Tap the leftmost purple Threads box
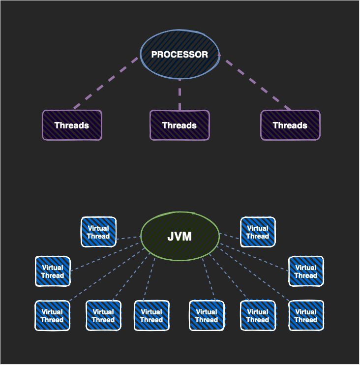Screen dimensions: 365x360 pos(72,125)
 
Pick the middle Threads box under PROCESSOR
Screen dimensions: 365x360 pos(180,125)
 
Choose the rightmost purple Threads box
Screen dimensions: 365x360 pos(290,125)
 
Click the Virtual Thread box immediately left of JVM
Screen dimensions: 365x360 pos(98,232)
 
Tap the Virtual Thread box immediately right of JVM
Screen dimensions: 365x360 pos(258,232)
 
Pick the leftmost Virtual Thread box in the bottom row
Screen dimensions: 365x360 pos(52,316)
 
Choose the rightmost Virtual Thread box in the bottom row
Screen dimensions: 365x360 pos(306,316)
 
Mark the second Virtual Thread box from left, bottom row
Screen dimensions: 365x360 pos(103,316)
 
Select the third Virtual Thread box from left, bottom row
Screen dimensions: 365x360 pos(151,316)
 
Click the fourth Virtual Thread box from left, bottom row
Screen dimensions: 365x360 pos(207,316)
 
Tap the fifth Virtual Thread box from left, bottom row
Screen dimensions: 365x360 pos(258,316)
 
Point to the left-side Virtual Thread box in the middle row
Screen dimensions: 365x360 pos(53,272)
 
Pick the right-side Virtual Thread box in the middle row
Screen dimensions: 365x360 pos(306,272)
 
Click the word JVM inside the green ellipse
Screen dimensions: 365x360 pos(180,237)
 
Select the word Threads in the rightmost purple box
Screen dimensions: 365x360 pos(290,125)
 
